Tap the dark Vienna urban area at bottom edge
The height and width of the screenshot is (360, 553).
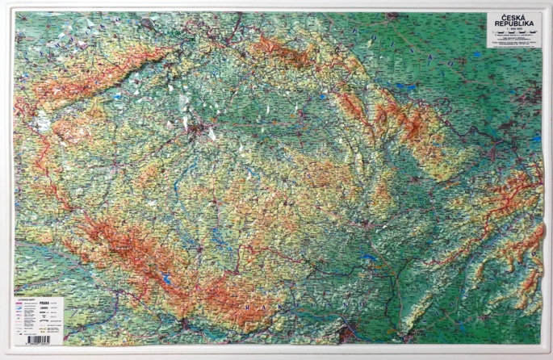tap(348, 329)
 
